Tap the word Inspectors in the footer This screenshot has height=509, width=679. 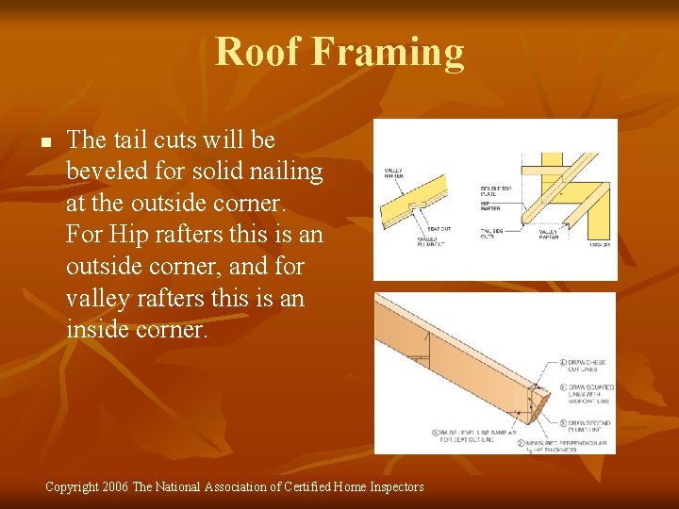(390, 487)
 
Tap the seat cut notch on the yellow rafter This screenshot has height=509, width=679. (415, 205)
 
